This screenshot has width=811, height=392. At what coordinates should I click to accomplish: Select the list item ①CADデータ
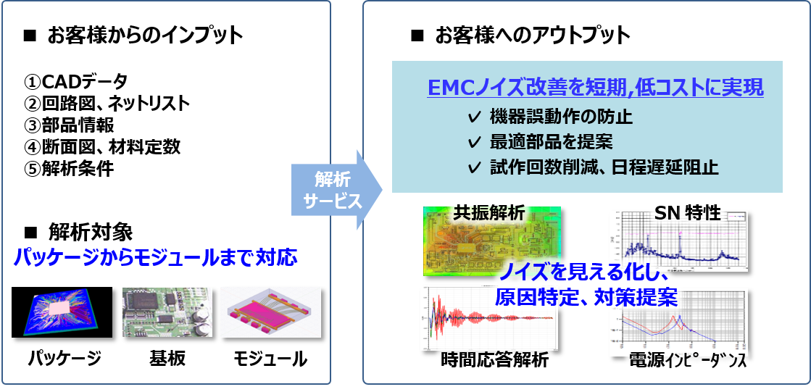(x=75, y=80)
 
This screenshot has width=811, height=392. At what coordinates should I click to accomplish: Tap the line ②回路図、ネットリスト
(x=107, y=103)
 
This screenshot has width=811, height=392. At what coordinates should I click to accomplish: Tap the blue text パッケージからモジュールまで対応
(x=156, y=257)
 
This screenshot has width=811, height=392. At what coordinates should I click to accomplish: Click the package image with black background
(x=62, y=312)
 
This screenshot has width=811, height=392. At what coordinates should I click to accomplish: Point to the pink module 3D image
(x=269, y=312)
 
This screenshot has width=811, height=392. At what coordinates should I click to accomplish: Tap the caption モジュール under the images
(x=270, y=358)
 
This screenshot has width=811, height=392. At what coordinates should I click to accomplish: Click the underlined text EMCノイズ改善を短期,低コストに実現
(x=595, y=88)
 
